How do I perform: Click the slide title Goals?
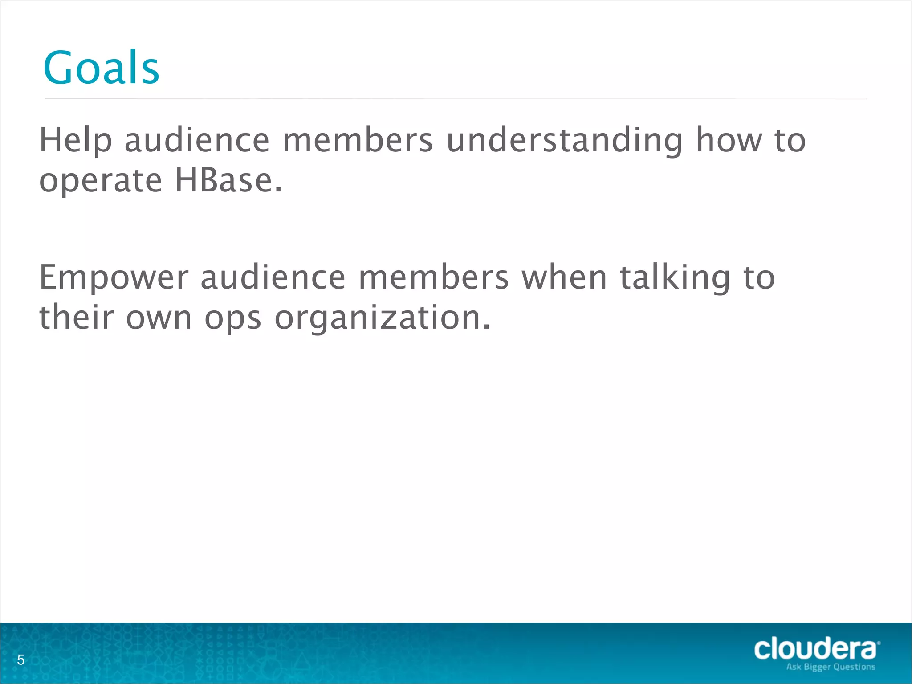[x=101, y=68]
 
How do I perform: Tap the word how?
[x=729, y=140]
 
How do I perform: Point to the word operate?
[x=101, y=182]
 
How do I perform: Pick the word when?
[x=564, y=277]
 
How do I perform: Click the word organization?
[x=383, y=318]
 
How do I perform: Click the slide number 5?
[x=20, y=660]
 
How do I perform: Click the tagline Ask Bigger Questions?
[x=831, y=667]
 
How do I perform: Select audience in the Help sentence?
[x=197, y=140]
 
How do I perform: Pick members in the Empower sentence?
[x=433, y=277]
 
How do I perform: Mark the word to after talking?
[x=759, y=277]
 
